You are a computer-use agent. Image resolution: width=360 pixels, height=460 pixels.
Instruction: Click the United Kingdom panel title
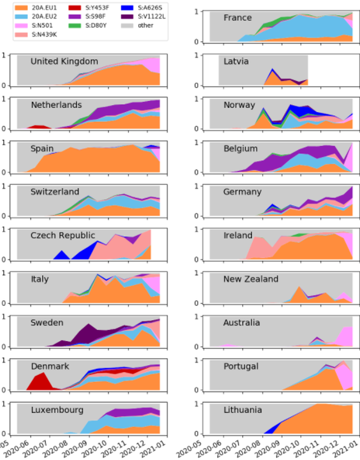click(64, 61)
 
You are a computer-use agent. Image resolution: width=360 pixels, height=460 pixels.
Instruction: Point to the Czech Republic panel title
click(63, 235)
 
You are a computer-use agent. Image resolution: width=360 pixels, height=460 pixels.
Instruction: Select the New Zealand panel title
click(251, 279)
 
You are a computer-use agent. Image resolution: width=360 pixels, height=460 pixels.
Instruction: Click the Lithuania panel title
click(242, 410)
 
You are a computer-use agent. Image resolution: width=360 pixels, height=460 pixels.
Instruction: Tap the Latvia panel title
click(236, 61)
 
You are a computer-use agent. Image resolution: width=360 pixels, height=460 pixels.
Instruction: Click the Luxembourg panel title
click(57, 410)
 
